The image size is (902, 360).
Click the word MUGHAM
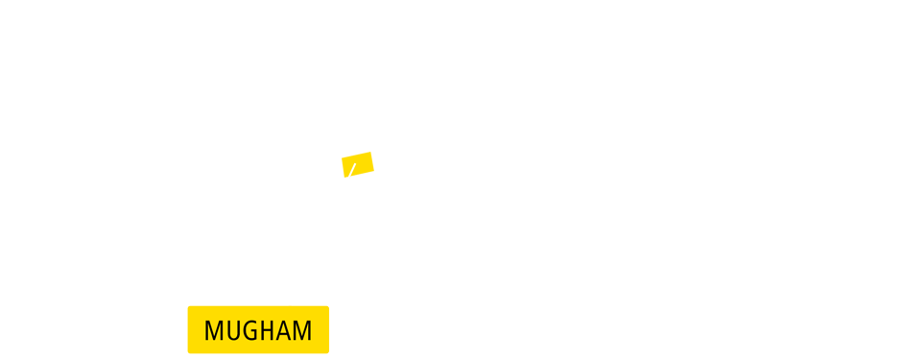[258, 330]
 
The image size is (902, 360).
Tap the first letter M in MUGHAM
[214, 331]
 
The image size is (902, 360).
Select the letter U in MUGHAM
[235, 331]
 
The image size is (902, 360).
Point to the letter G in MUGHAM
[252, 331]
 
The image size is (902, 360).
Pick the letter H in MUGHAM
[270, 331]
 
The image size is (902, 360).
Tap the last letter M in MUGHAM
[303, 331]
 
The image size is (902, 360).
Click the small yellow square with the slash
[358, 164]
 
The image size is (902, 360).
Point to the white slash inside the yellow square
[352, 171]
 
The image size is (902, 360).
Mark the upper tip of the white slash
[355, 164]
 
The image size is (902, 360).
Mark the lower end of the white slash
[349, 178]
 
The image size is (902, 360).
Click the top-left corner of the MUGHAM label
[189, 307]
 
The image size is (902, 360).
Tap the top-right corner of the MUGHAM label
[327, 307]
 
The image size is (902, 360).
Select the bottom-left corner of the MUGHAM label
[189, 351]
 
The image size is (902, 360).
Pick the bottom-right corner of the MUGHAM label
[327, 351]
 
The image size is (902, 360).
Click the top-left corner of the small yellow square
[342, 152]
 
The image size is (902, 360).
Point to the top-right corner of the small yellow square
[373, 152]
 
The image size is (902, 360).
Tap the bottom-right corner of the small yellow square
[373, 177]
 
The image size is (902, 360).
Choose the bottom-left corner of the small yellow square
[342, 177]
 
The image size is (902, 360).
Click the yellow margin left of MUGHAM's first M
[196, 330]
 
